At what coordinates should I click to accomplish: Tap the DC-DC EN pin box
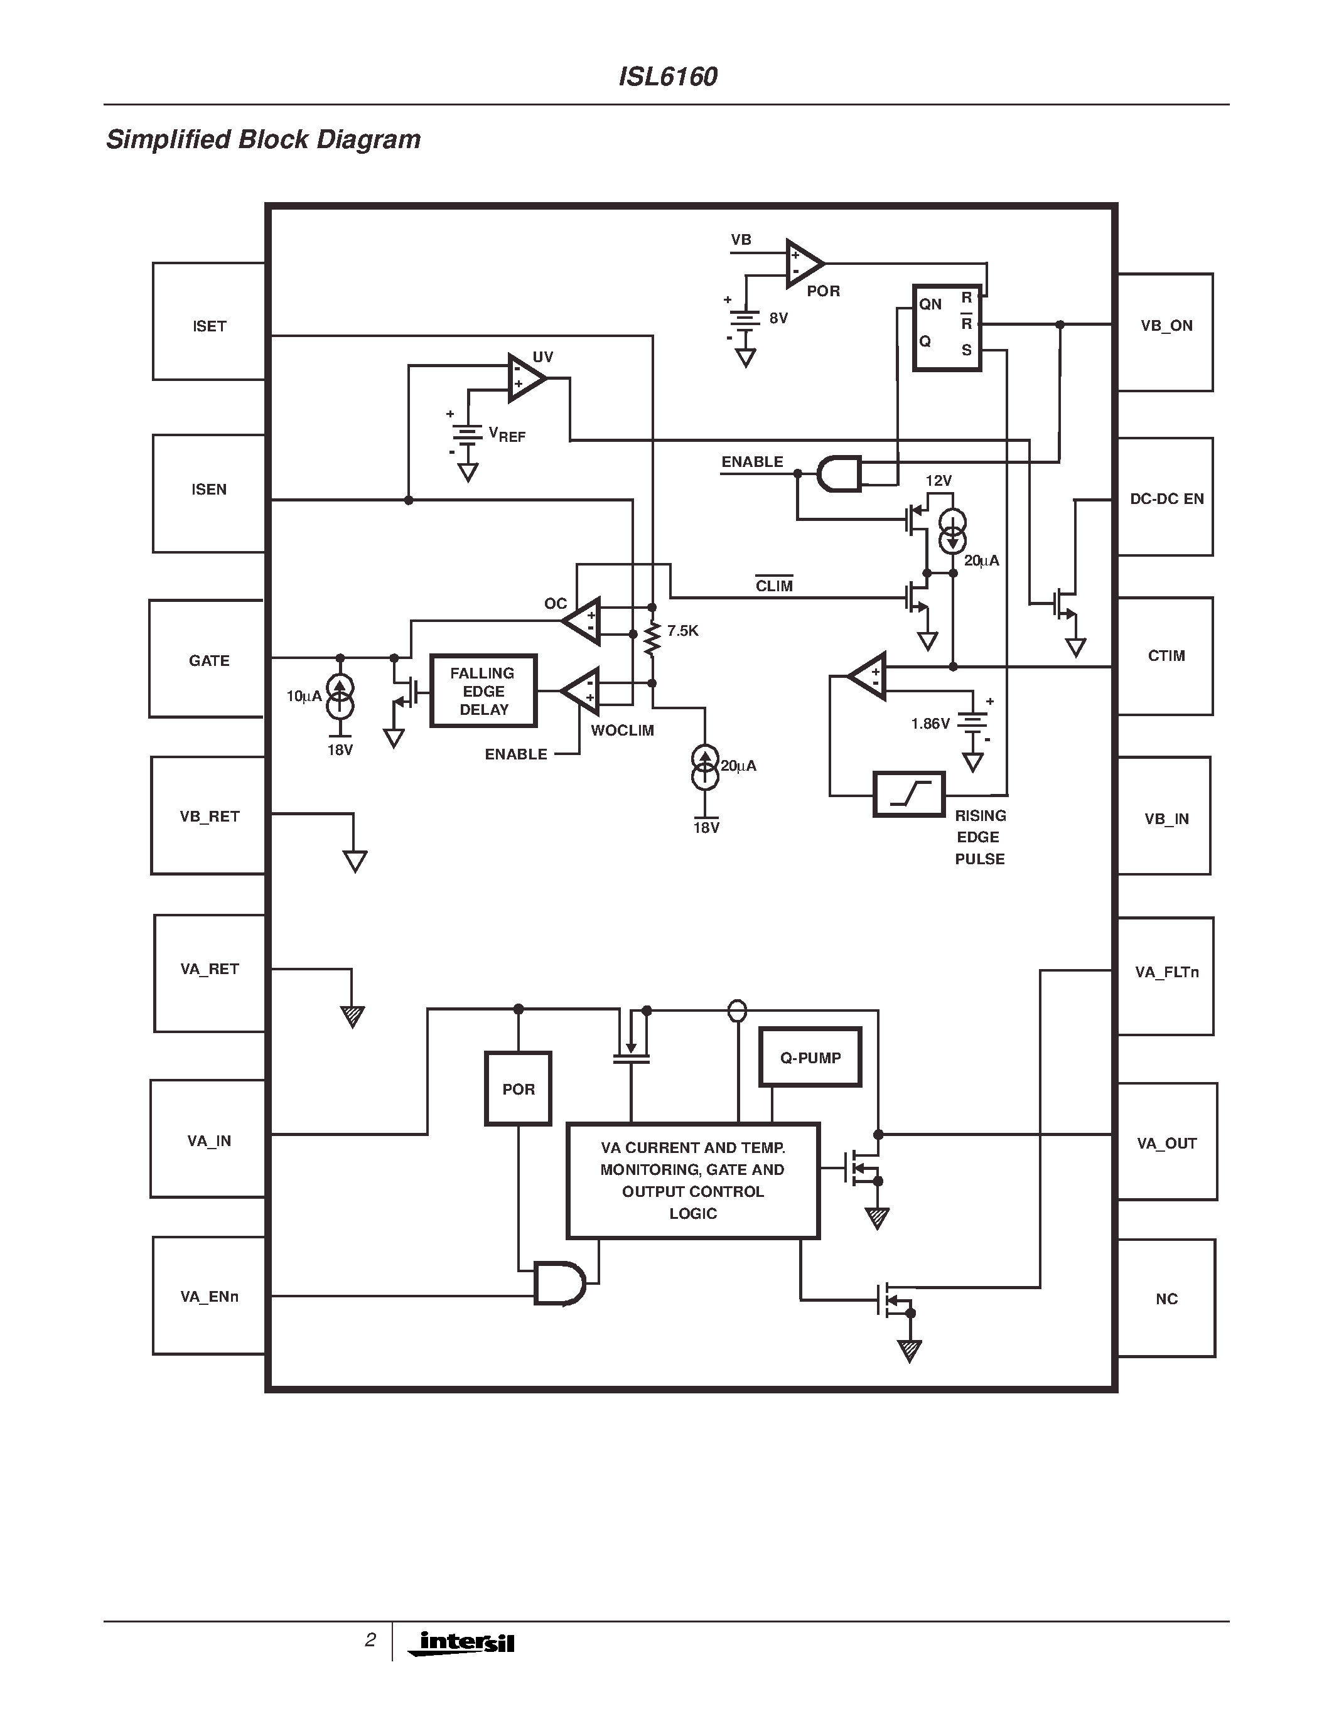1165,497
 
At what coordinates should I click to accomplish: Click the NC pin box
1166,1298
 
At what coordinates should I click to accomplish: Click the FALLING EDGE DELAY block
483,691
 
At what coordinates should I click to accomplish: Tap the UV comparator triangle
525,378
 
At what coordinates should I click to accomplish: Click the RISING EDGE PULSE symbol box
909,794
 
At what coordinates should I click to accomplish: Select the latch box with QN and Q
947,327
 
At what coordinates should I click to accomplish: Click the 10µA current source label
303,696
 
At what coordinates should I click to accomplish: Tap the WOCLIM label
622,730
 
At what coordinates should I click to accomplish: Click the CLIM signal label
773,586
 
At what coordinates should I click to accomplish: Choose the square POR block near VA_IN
518,1088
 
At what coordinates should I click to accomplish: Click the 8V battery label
778,318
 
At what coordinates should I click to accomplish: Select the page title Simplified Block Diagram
263,139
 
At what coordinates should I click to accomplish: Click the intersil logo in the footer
462,1643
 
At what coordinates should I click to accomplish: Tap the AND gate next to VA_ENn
559,1284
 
